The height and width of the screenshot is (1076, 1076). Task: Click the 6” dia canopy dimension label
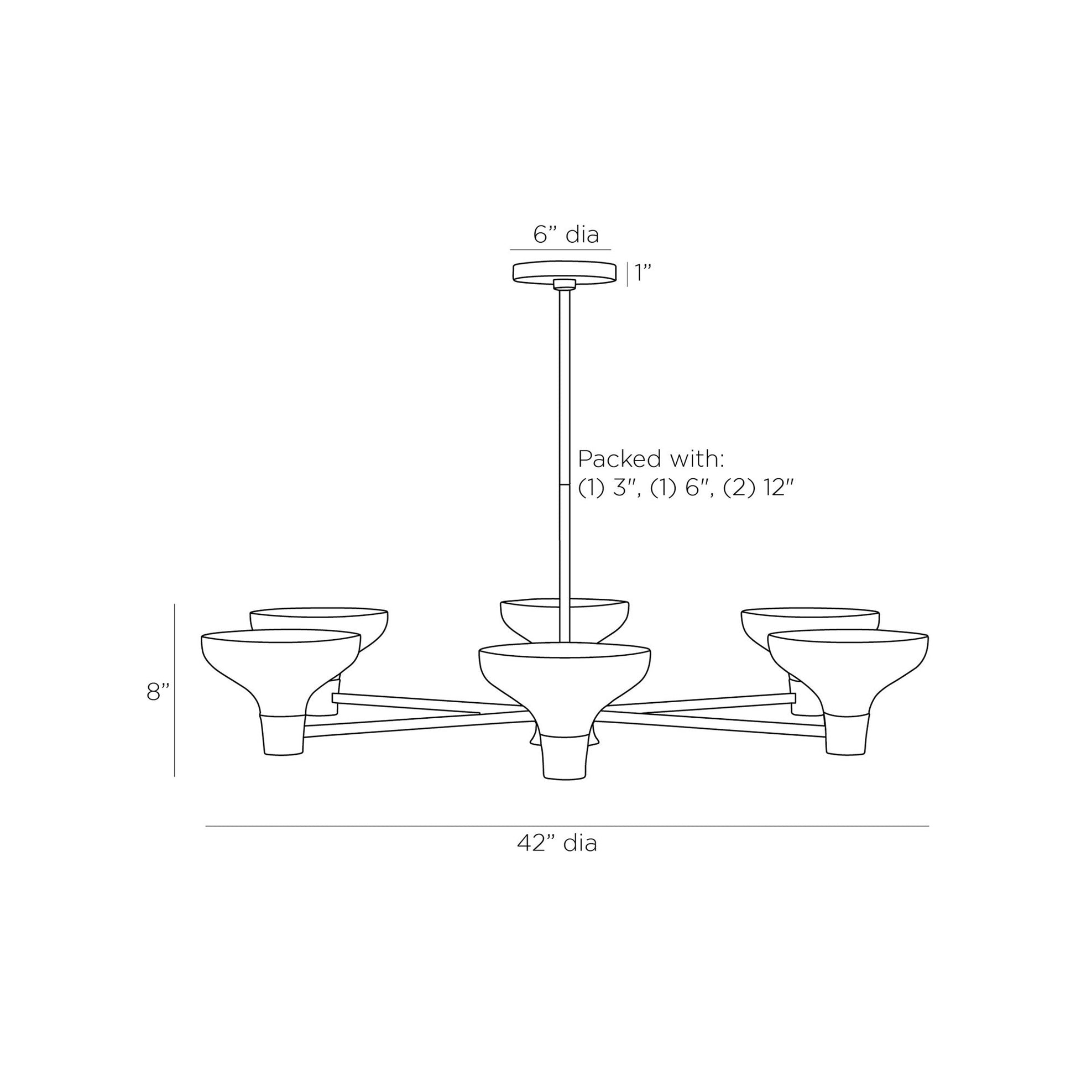click(x=566, y=234)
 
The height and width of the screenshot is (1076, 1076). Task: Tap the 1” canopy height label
click(x=643, y=273)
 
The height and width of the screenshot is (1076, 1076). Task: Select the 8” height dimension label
click(x=158, y=692)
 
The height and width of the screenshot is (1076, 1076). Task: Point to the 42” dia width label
click(x=557, y=843)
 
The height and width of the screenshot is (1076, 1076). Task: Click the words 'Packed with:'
click(x=651, y=459)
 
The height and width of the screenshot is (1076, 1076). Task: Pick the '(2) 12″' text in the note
click(x=758, y=488)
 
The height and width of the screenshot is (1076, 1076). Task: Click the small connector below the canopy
click(x=564, y=285)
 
